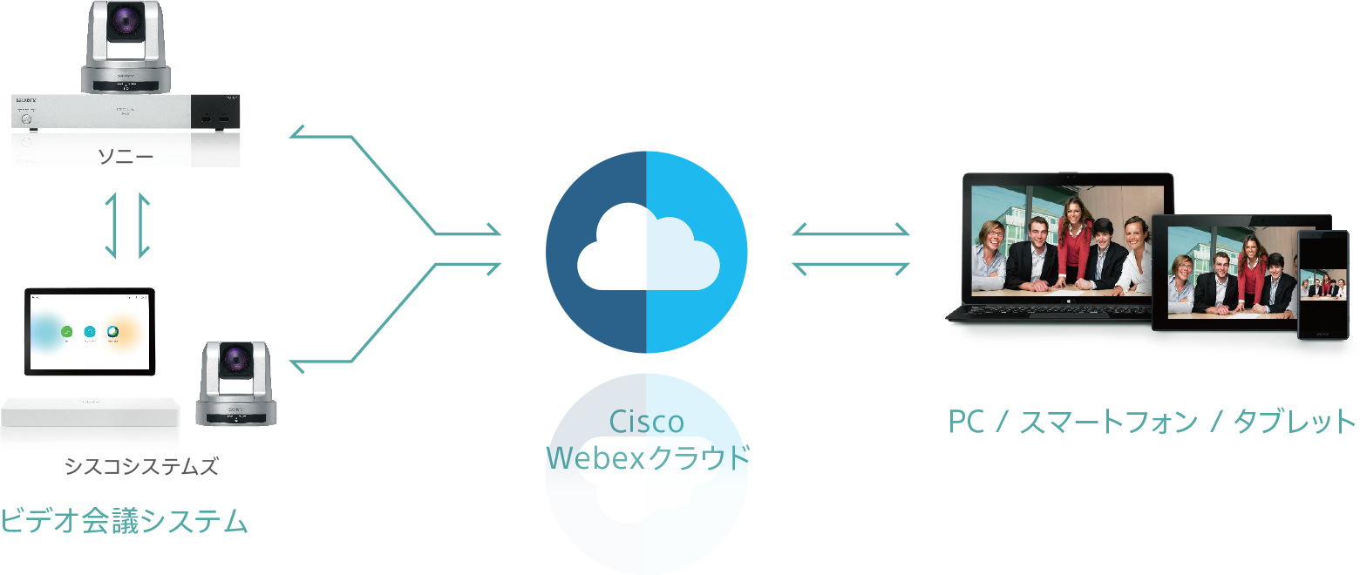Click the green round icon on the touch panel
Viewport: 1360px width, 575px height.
point(66,331)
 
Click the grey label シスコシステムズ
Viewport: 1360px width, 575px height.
point(140,467)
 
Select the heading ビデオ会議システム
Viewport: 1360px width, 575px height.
point(124,521)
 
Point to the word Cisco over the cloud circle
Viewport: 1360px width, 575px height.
point(646,423)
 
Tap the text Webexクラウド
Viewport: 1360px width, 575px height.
point(647,457)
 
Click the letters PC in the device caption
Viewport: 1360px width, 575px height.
point(966,423)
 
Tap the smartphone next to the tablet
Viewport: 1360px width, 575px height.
point(1323,284)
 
